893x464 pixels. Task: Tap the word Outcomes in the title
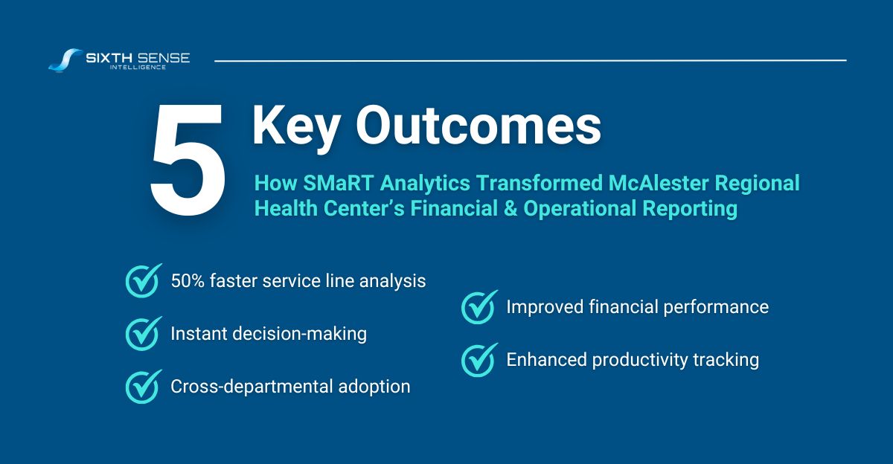click(478, 126)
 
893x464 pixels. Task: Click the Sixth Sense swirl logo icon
click(65, 59)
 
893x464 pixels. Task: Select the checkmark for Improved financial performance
click(479, 306)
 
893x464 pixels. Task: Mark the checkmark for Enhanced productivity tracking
click(479, 360)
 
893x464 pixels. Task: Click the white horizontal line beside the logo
click(530, 59)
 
